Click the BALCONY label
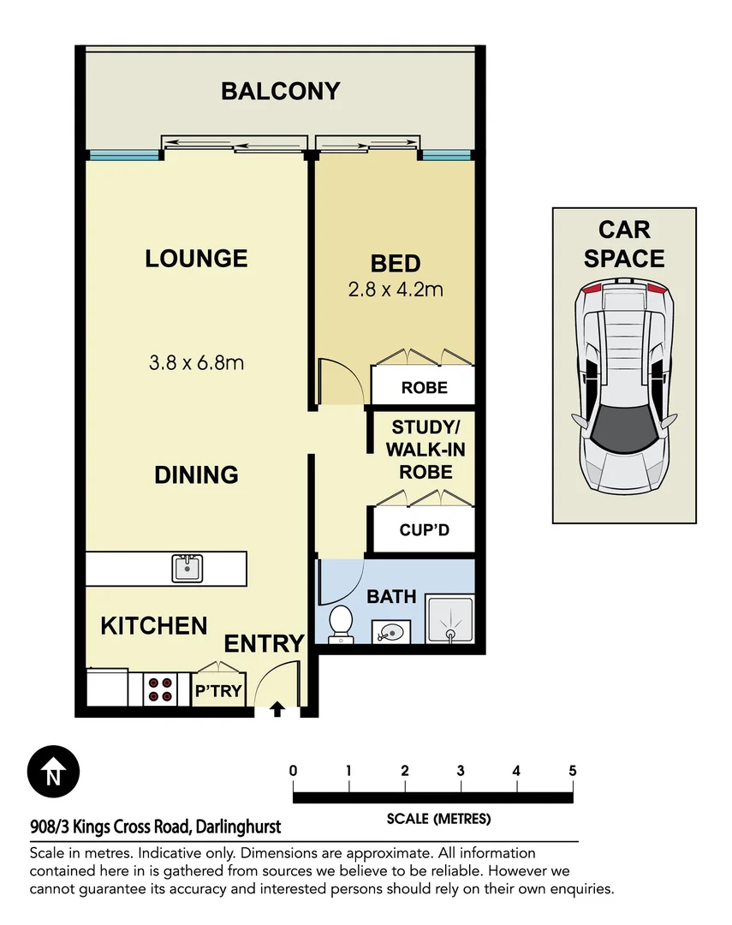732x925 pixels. tap(281, 91)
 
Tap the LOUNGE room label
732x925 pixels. tap(196, 258)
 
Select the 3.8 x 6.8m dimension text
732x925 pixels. tap(196, 362)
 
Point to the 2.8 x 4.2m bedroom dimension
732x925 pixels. tap(395, 289)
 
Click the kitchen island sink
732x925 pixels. tap(187, 567)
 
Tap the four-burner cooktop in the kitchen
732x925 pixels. tap(160, 689)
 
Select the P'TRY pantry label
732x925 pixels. tap(219, 690)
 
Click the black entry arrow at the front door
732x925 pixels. tap(277, 709)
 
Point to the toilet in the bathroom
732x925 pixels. tap(341, 624)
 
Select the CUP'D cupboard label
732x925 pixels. tap(425, 530)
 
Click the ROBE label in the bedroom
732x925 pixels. tap(425, 387)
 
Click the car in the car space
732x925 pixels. tap(623, 387)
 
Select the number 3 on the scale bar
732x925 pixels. tap(461, 771)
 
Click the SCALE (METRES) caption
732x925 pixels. tap(438, 819)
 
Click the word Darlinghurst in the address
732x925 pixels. tap(238, 827)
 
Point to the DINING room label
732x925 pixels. tap(196, 474)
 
